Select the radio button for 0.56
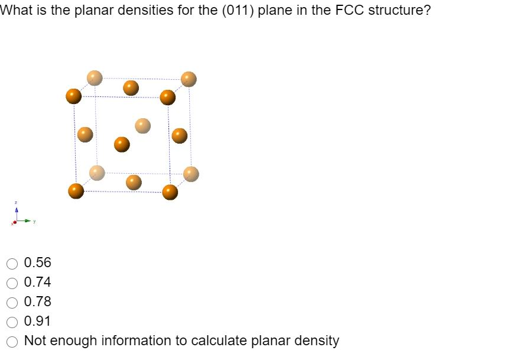[x=12, y=262]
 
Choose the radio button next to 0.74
[x=12, y=282]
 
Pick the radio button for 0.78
[x=12, y=302]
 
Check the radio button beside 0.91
[x=12, y=322]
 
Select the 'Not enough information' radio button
[x=12, y=341]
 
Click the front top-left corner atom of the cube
[x=74, y=96]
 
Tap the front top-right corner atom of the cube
[x=168, y=98]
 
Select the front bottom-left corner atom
[x=76, y=192]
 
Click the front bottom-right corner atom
[x=170, y=192]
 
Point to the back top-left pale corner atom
[x=95, y=77]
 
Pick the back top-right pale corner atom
[x=189, y=79]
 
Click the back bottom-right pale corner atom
[x=191, y=174]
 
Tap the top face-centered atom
[x=131, y=87]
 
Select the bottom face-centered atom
[x=134, y=182]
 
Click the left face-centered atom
[x=86, y=134]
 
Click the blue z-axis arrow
[x=17, y=209]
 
